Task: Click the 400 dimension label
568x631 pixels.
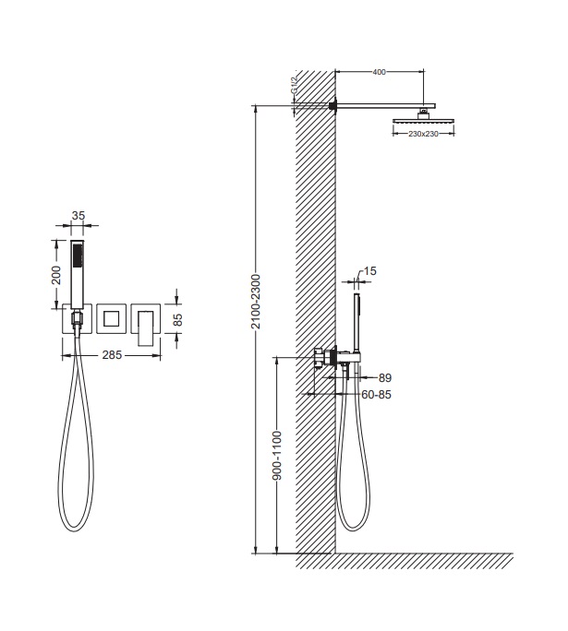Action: (x=379, y=72)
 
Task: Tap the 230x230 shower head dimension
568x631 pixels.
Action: (x=423, y=134)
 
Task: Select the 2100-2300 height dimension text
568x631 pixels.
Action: (x=256, y=302)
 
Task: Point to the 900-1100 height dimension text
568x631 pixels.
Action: (x=277, y=456)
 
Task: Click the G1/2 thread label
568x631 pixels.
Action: (x=294, y=85)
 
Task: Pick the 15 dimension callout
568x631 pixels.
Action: (x=369, y=271)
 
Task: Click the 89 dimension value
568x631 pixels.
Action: (x=385, y=378)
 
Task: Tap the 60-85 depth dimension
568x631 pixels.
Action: (x=376, y=395)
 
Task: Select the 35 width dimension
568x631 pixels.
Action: (x=79, y=216)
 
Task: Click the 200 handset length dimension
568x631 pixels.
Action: (x=56, y=275)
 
